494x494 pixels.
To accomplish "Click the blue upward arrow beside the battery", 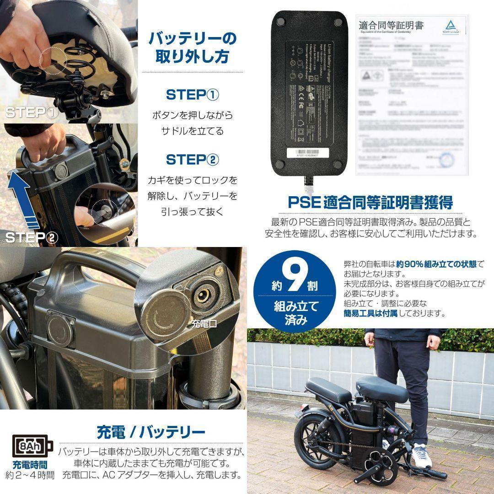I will (23, 197).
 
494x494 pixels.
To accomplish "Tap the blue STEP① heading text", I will (192, 95).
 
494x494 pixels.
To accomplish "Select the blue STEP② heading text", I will (192, 160).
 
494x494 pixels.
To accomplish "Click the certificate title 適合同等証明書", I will (392, 25).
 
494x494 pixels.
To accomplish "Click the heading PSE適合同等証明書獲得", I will (370, 202).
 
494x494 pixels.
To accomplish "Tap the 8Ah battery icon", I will (31, 445).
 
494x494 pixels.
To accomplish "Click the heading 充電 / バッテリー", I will (151, 431).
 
